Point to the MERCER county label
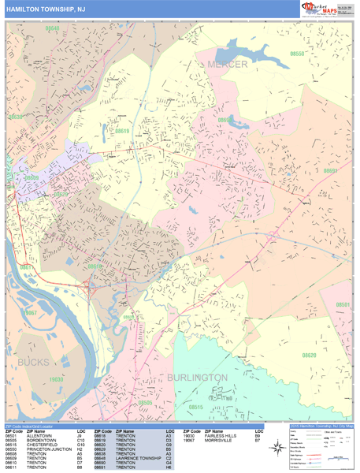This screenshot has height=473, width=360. (x=227, y=63)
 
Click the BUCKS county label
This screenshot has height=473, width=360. (x=33, y=362)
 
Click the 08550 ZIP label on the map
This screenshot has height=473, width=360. (x=297, y=54)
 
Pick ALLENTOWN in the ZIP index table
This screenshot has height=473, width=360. (x=40, y=435)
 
